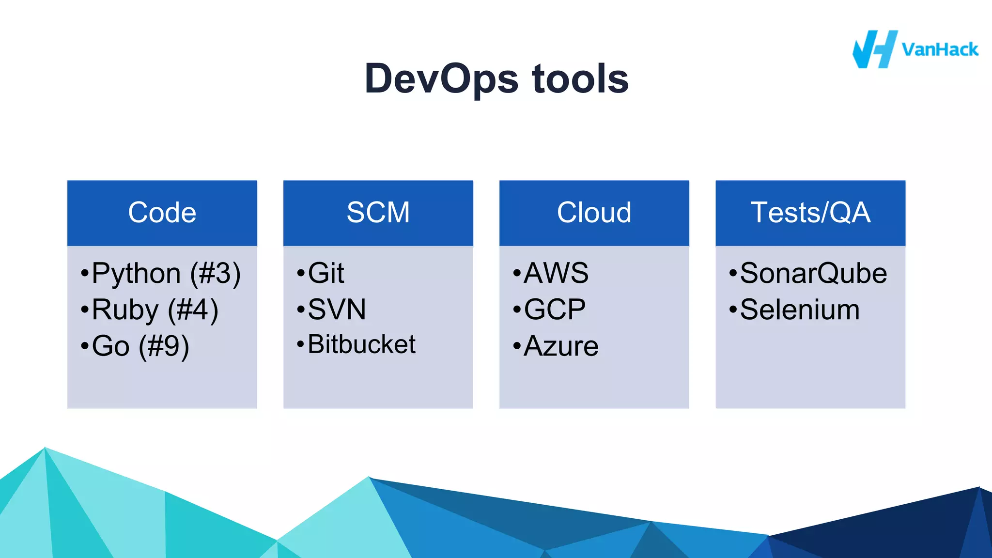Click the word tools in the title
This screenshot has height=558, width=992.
(x=580, y=79)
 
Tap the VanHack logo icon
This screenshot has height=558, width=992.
(x=874, y=49)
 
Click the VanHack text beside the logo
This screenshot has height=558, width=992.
(x=940, y=50)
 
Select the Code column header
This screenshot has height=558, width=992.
(x=162, y=213)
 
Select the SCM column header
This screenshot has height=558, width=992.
(x=378, y=213)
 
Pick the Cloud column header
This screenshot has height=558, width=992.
(x=594, y=213)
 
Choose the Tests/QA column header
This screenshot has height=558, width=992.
(x=810, y=213)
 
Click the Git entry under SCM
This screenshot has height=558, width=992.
(x=325, y=273)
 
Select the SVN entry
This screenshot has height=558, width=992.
(x=336, y=310)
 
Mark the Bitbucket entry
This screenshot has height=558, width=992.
(x=361, y=344)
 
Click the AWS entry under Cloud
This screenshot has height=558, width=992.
(x=556, y=273)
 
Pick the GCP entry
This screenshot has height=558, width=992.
(x=554, y=310)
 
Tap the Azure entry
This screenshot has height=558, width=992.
(x=560, y=346)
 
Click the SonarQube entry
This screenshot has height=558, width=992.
(x=813, y=273)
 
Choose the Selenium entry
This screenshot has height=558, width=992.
(x=799, y=310)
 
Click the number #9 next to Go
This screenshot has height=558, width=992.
(x=164, y=346)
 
